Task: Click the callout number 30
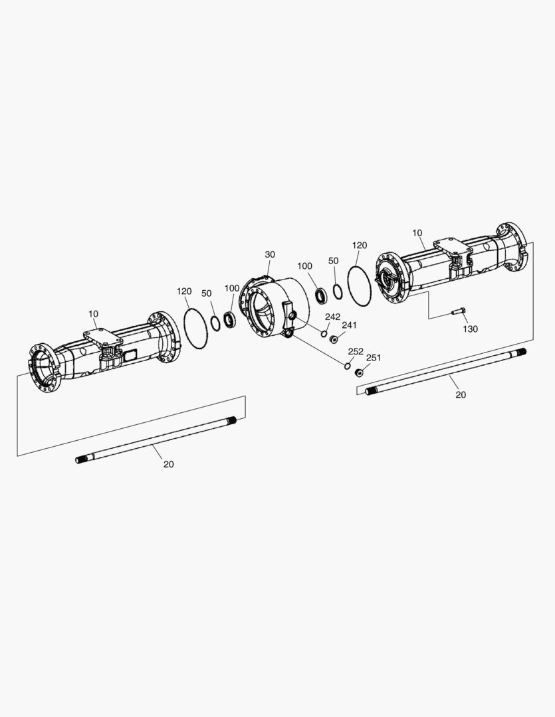(270, 254)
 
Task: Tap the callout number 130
(471, 329)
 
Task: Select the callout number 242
(333, 317)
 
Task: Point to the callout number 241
(349, 325)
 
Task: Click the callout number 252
(356, 351)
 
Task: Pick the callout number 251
(374, 358)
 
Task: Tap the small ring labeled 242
(324, 333)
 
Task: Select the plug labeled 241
(334, 339)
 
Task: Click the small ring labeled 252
(348, 366)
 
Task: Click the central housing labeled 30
(275, 308)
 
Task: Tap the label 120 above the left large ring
(184, 291)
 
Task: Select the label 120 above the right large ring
(360, 245)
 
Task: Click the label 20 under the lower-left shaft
(169, 464)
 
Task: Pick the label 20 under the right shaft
(461, 394)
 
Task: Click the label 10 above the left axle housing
(94, 314)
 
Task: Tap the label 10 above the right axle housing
(417, 233)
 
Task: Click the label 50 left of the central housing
(207, 293)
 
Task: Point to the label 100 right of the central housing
(305, 266)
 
